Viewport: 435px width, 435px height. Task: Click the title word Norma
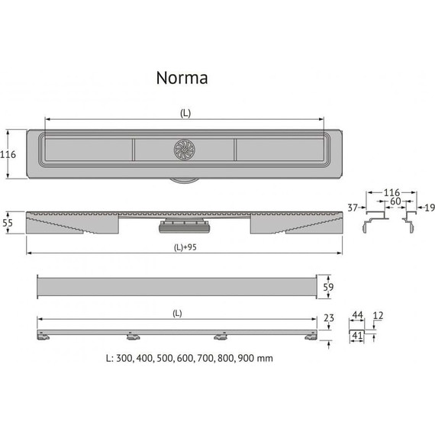(x=182, y=78)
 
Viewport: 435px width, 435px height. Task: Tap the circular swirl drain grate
(x=185, y=150)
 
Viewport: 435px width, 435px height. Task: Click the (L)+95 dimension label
(x=185, y=247)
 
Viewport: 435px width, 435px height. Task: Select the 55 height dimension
(x=8, y=223)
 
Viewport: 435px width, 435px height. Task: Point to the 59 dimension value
(x=328, y=287)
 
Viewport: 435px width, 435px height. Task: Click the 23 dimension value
(x=329, y=318)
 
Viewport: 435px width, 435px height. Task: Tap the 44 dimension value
(x=357, y=315)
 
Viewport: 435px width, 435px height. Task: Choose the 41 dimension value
(x=357, y=336)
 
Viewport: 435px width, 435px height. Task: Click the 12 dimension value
(x=378, y=315)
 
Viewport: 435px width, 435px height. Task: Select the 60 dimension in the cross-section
(x=395, y=201)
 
